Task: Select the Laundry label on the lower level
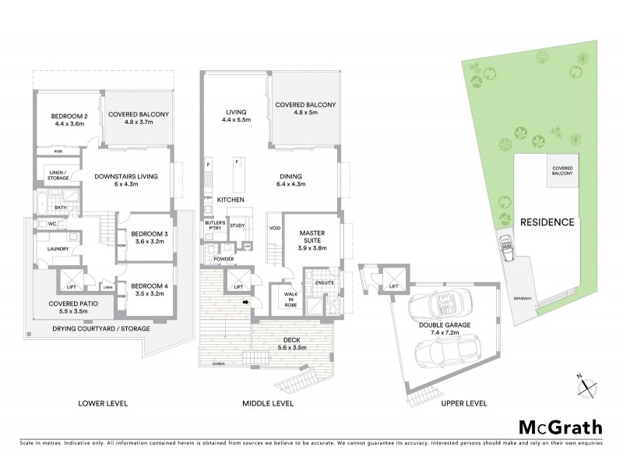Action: (58, 249)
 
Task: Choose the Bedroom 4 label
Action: (150, 290)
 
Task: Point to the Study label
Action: (238, 225)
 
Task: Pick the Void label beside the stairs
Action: (274, 229)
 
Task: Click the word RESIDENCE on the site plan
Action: (547, 222)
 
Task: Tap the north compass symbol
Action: (588, 386)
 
